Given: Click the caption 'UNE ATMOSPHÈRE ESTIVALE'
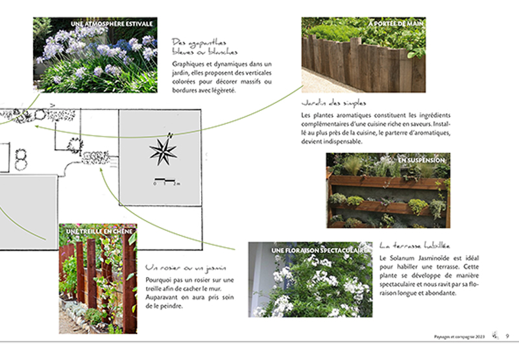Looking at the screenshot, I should coord(112,24).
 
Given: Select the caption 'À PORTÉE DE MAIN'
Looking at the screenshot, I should coord(396,24).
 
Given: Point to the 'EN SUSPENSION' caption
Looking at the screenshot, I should coord(421,160).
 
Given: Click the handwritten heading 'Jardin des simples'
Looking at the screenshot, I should coord(333,103).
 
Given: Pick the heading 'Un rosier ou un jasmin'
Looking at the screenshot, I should coord(186,267).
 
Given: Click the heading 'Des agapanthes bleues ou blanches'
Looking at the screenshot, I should coord(205,45).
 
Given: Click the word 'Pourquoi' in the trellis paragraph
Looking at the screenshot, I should coord(160,280).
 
